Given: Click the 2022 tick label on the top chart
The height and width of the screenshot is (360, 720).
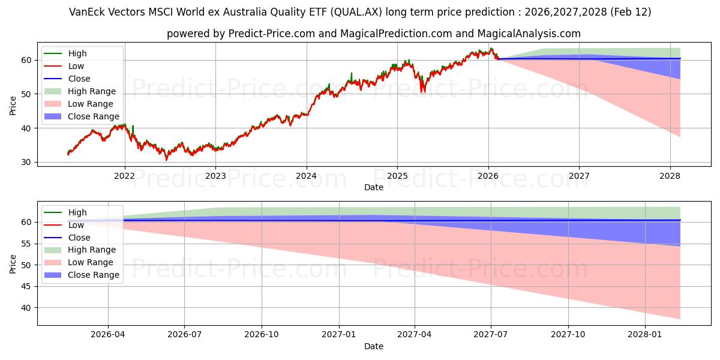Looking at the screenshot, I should coord(124,176).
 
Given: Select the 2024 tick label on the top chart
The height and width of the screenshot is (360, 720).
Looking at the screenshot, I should coord(306,176).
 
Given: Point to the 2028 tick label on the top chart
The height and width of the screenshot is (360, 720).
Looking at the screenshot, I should coord(670,176).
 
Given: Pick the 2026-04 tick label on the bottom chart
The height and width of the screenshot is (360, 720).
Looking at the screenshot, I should coord(108,335).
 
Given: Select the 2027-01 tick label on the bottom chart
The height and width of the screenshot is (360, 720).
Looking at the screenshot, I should coord(340,335).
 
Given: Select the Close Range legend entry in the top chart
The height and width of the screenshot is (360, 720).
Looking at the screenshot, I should coord(93,116).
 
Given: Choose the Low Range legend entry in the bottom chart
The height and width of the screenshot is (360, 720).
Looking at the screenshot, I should coord(90,262).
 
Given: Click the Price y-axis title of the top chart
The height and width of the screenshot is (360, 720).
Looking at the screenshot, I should coord(13,106).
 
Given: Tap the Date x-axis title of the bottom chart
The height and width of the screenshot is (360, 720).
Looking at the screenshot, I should coord(373,346).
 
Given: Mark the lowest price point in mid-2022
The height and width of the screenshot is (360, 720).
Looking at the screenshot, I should coord(166,160).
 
